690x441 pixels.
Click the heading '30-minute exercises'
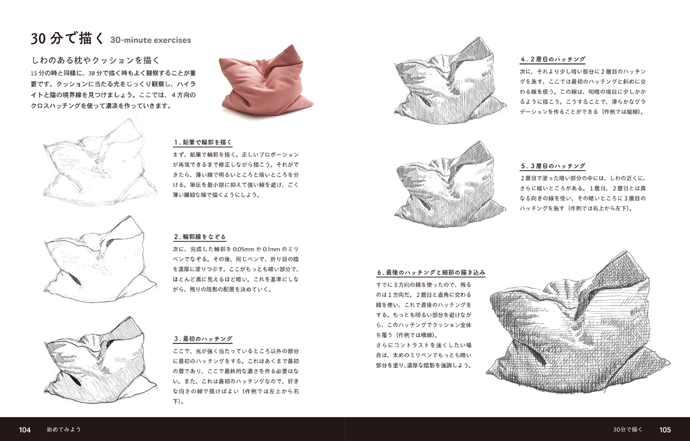tap(150, 40)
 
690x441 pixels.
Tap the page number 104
tap(25, 430)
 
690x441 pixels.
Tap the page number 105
tap(665, 430)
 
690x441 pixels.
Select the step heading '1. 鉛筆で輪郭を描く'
tap(203, 142)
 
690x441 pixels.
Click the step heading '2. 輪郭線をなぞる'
tap(200, 237)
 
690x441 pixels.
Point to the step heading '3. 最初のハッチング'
tap(203, 339)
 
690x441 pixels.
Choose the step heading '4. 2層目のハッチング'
tap(553, 59)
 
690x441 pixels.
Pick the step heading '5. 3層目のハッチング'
tap(553, 166)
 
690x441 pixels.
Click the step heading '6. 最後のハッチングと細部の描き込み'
tap(431, 272)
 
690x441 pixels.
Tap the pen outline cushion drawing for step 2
tap(100, 260)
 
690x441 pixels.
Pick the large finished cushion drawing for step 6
tap(577, 324)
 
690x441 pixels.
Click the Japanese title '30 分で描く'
tap(67, 39)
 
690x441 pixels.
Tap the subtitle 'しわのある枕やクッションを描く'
tap(95, 60)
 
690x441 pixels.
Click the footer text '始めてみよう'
tap(64, 430)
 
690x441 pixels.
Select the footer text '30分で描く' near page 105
tap(628, 430)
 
